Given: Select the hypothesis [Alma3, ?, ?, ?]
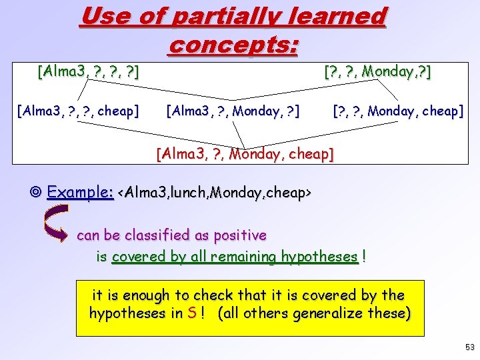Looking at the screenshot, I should (88, 71).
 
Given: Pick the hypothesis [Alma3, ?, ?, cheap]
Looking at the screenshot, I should (77, 111).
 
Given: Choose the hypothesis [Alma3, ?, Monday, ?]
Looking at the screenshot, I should (232, 111).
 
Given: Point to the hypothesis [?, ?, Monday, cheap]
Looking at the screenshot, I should (397, 111).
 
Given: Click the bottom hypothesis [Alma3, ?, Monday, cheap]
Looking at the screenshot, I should (245, 155).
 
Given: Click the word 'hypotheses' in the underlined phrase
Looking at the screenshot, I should (319, 257).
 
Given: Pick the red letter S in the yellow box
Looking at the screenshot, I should (192, 313).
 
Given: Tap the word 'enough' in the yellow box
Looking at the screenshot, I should (147, 294).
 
